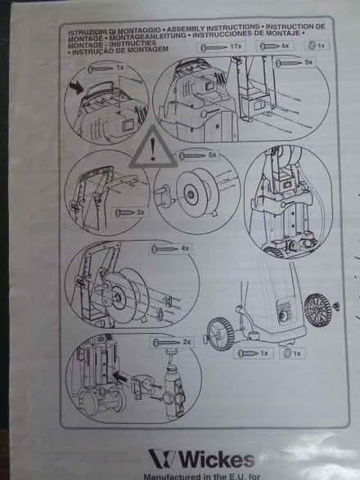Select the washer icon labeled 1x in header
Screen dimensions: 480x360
316,46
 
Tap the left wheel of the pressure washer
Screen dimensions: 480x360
216,328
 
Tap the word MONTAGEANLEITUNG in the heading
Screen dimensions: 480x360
146,36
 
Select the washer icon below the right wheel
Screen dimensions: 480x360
286,353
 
